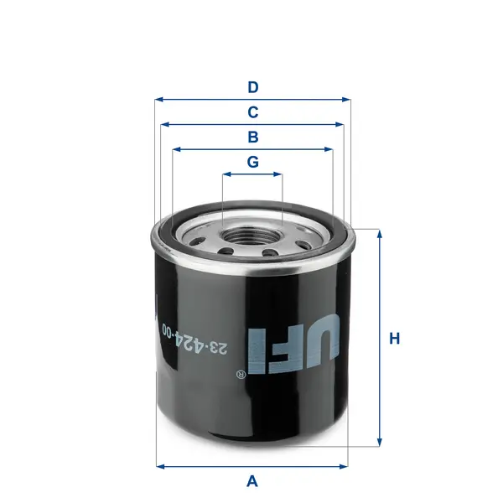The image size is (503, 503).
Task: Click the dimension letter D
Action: (x=252, y=86)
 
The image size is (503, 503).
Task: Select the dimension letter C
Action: (x=252, y=111)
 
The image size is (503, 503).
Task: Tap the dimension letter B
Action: (x=252, y=137)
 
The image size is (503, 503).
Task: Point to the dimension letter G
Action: (x=252, y=162)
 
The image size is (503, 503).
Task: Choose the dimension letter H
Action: (x=395, y=339)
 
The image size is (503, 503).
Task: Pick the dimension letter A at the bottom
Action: (x=251, y=481)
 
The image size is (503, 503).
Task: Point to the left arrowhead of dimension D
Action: (x=158, y=99)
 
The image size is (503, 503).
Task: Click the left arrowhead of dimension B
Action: (x=175, y=149)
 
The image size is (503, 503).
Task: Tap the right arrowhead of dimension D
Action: (x=347, y=99)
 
